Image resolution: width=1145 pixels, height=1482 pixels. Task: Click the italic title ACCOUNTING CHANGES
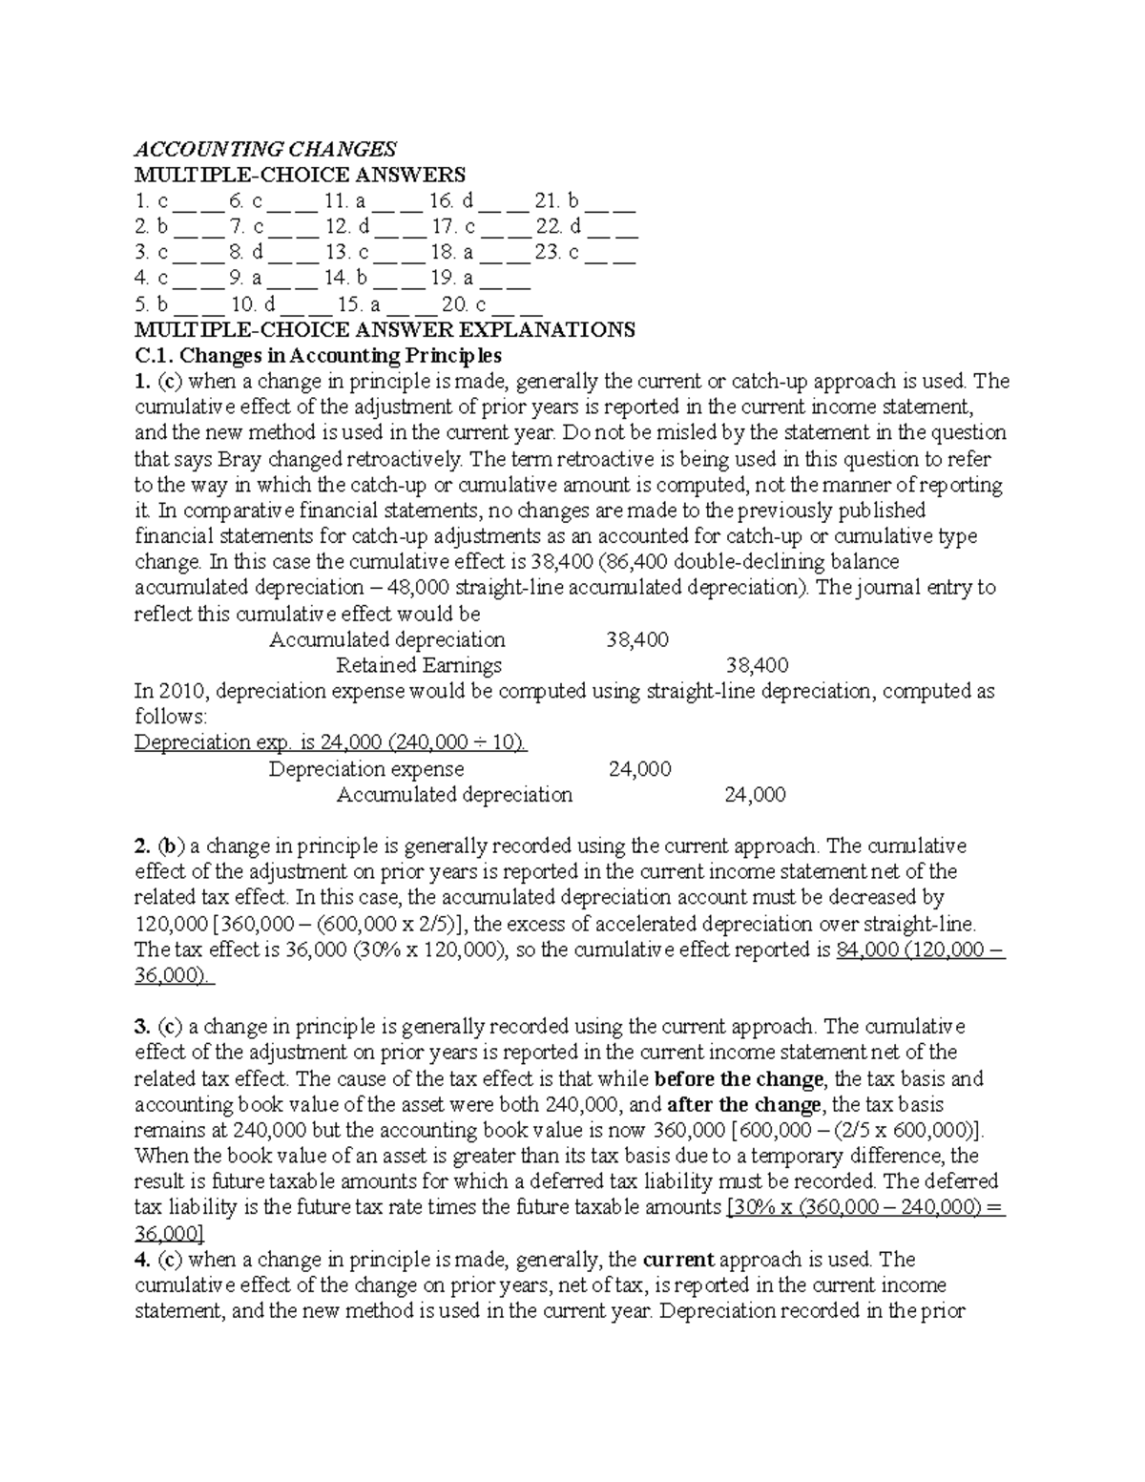pos(264,149)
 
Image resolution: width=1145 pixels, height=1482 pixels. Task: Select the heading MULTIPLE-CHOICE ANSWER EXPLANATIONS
pos(385,330)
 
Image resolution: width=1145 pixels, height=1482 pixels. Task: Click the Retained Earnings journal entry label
pos(419,665)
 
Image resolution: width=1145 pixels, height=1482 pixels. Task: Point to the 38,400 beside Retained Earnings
pos(757,665)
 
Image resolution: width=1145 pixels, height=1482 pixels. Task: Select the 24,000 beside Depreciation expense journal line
pos(639,769)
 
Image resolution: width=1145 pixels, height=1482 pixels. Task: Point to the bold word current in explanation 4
pos(679,1260)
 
